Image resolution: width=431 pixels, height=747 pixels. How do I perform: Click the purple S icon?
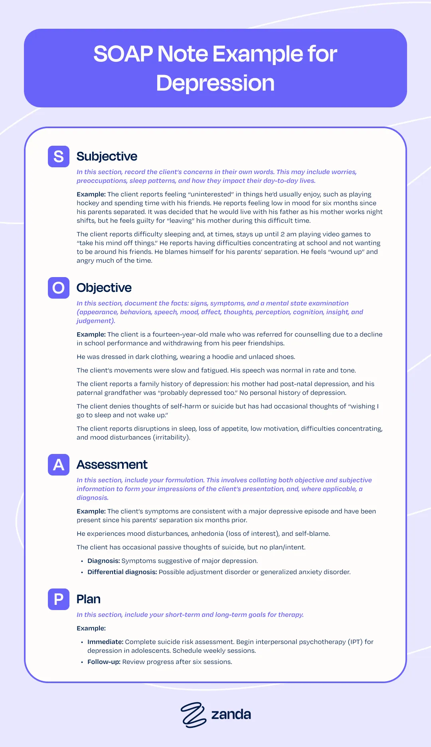pyautogui.click(x=59, y=157)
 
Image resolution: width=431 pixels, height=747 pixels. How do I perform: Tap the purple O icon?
pyautogui.click(x=59, y=288)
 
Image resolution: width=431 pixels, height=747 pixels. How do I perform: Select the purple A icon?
pyautogui.click(x=59, y=465)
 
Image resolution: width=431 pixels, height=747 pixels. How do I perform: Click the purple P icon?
pyautogui.click(x=59, y=599)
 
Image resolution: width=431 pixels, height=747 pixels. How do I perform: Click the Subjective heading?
pyautogui.click(x=107, y=157)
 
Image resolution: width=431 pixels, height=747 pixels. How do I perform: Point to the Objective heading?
pyautogui.click(x=104, y=288)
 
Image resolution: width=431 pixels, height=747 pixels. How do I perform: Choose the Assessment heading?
pyautogui.click(x=112, y=465)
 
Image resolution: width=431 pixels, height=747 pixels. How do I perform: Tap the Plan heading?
pyautogui.click(x=88, y=599)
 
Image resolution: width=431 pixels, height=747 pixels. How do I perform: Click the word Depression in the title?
pyautogui.click(x=215, y=83)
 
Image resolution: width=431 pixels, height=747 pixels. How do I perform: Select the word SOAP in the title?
pyautogui.click(x=123, y=54)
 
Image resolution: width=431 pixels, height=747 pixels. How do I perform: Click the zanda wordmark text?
pyautogui.click(x=231, y=714)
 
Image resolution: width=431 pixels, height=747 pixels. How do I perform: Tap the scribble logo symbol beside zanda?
pyautogui.click(x=193, y=715)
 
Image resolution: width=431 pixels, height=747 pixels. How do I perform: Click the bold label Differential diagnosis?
pyautogui.click(x=122, y=572)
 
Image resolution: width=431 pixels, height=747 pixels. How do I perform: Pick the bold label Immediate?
pyautogui.click(x=105, y=642)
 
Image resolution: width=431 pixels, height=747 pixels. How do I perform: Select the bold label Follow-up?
pyautogui.click(x=104, y=662)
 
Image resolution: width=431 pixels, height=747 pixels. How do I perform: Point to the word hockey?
pyautogui.click(x=88, y=203)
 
